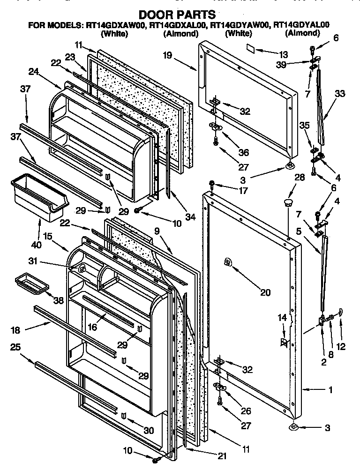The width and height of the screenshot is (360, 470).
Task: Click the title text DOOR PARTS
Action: (x=177, y=15)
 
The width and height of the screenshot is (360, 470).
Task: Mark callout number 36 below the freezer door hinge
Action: (x=243, y=152)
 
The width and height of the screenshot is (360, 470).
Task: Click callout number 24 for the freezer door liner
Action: (x=33, y=72)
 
